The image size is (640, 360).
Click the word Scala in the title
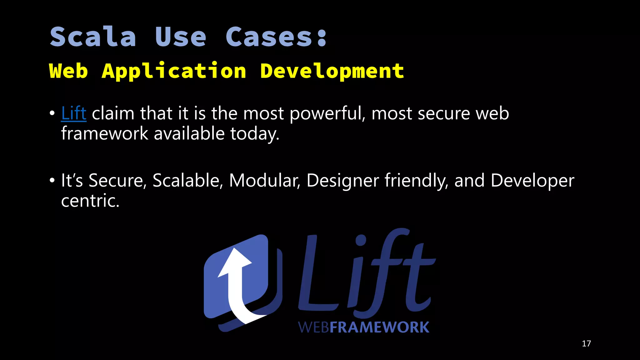click(x=93, y=37)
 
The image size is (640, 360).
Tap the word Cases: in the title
click(x=276, y=37)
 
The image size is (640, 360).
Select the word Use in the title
click(x=181, y=37)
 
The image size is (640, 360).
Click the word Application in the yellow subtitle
click(x=174, y=71)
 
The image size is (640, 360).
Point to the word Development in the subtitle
click(x=332, y=71)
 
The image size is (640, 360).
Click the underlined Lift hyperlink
click(x=73, y=113)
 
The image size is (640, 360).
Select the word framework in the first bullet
click(x=104, y=133)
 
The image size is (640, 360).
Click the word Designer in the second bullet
click(x=342, y=181)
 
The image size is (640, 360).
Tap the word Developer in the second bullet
click(x=532, y=181)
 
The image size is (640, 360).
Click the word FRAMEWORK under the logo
click(x=379, y=327)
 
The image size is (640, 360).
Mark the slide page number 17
click(x=586, y=344)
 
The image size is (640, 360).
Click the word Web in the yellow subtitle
click(x=68, y=71)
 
